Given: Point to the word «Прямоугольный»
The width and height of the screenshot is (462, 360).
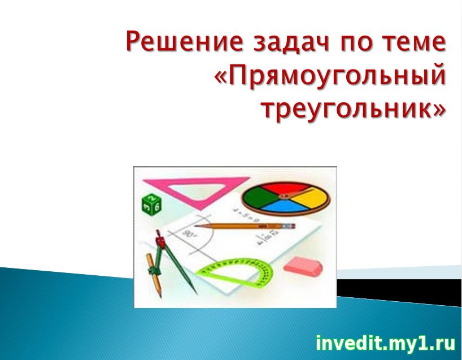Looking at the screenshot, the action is click(337, 76).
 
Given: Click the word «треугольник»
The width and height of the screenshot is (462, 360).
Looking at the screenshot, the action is click(348, 109).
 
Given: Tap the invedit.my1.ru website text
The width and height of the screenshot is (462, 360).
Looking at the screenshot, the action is click(385, 343).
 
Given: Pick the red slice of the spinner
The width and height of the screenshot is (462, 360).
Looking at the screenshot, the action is click(284, 188).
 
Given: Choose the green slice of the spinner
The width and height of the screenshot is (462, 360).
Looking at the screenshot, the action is click(259, 197).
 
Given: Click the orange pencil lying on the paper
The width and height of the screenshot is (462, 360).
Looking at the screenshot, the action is click(245, 226).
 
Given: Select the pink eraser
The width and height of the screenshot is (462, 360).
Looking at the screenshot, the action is click(303, 266).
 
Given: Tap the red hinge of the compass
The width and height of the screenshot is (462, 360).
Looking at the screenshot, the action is click(160, 241).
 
